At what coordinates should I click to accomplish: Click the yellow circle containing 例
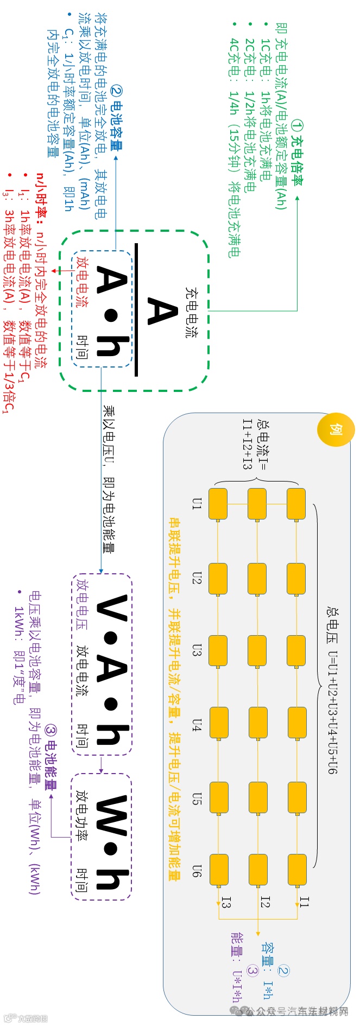click(336, 429)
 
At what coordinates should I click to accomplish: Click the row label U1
click(197, 504)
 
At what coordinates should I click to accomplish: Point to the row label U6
click(197, 871)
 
